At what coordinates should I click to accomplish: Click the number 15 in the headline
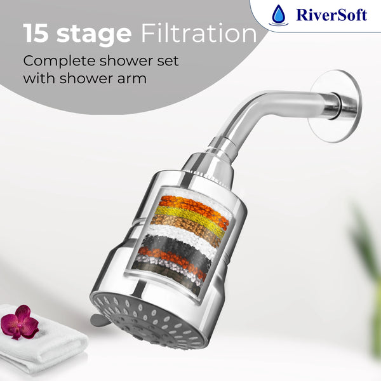point(36,33)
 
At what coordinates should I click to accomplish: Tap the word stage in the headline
point(94,35)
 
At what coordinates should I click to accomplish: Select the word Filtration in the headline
point(199,33)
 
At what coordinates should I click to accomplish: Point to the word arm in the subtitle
point(132,79)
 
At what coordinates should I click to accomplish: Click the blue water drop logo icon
point(279,15)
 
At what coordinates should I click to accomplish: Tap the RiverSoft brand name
point(331,15)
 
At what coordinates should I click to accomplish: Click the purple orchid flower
point(20,322)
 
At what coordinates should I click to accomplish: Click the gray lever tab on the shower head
point(99,320)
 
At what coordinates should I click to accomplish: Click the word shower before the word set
point(126,61)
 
